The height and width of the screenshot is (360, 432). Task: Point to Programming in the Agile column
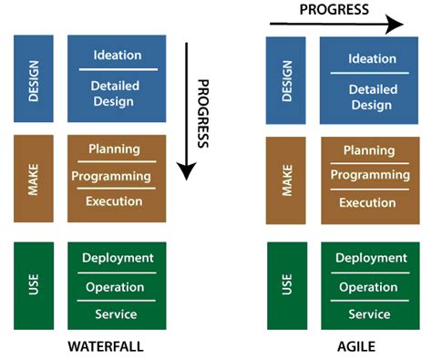tap(367, 175)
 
